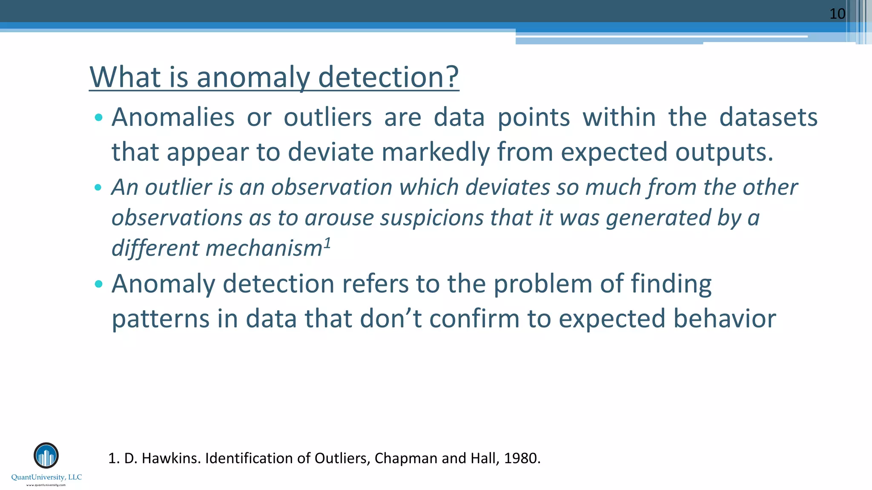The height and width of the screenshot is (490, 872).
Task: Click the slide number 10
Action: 837,14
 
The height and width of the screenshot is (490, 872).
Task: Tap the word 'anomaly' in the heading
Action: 253,78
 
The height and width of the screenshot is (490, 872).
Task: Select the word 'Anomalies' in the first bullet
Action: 173,117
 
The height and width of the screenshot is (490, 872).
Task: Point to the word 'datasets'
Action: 768,117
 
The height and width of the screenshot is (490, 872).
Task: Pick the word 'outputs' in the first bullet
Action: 722,152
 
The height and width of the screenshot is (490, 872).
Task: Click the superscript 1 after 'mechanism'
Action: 327,243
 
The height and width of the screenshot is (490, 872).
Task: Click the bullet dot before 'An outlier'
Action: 98,187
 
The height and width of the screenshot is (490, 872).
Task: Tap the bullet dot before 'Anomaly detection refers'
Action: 98,284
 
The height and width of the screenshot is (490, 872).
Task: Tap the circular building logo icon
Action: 46,456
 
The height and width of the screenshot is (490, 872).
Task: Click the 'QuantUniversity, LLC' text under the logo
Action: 46,477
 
